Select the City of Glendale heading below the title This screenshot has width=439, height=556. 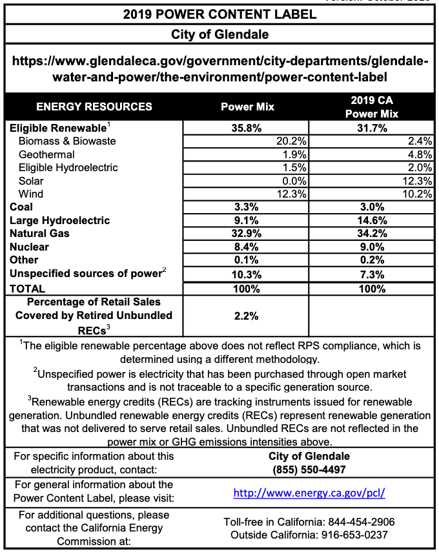(219, 34)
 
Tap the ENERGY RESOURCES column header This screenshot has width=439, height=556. (94, 107)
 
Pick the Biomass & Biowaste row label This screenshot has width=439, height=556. (67, 141)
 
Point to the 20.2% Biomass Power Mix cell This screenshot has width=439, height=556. (291, 141)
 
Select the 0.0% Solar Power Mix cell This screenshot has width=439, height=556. (293, 181)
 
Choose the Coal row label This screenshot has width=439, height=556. (21, 207)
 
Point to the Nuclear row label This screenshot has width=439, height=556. (30, 247)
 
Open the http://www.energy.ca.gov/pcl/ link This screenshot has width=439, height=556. (309, 493)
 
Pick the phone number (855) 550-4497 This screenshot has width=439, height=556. (309, 469)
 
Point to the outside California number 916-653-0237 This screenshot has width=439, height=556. (363, 535)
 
